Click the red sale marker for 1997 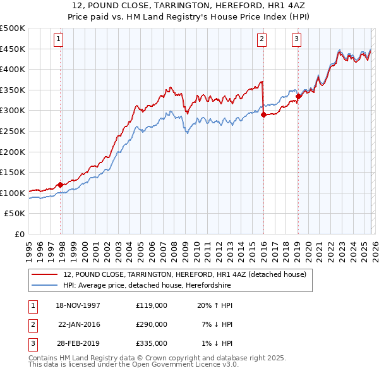61,185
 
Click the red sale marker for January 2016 263,115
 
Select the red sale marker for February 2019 298,96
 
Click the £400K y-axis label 13,70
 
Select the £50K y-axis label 15,214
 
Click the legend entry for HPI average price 147,286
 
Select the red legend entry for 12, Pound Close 184,274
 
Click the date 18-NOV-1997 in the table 78,305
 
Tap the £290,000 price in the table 152,324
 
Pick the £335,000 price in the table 152,343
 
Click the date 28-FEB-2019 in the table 78,343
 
